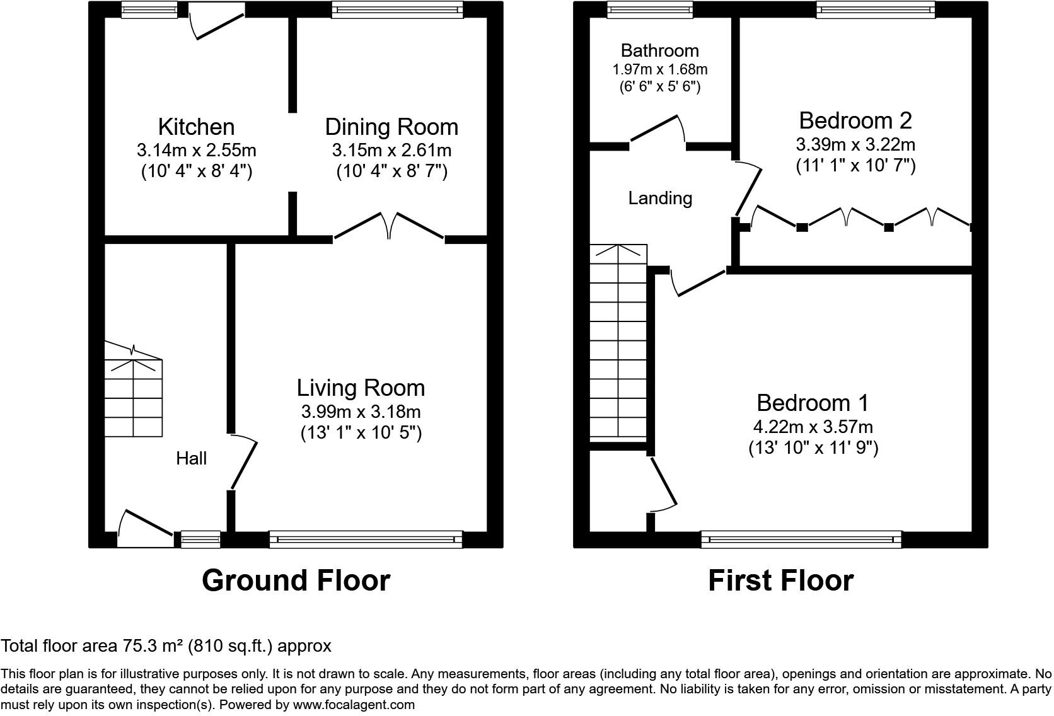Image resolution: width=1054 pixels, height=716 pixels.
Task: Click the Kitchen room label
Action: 196,127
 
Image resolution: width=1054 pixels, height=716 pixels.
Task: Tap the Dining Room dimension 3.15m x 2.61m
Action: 391,151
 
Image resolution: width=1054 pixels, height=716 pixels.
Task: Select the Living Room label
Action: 361,388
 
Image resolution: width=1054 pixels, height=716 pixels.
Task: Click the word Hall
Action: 191,458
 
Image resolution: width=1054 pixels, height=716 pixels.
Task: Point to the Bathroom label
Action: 659,50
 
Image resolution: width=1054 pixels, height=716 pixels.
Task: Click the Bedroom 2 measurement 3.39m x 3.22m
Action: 855,144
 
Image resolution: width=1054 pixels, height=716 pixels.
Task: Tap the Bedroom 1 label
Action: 813,403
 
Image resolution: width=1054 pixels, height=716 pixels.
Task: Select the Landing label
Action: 660,199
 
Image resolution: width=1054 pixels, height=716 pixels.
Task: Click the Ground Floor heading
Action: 296,580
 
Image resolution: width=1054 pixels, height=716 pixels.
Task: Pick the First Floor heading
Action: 780,580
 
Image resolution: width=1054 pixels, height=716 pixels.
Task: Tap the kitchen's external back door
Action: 217,23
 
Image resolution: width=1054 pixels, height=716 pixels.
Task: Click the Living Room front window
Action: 366,539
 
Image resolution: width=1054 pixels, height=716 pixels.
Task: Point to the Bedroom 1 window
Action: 801,539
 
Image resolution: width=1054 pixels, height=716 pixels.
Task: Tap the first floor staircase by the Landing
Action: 618,344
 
